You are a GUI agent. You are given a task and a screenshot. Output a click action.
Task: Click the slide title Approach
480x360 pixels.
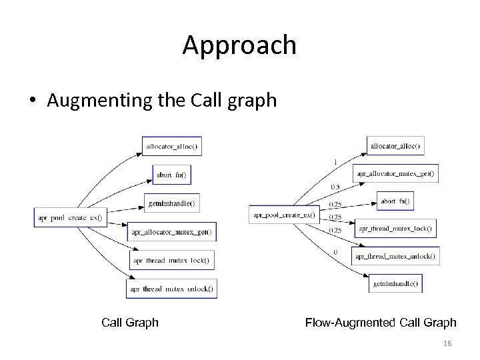click(x=239, y=45)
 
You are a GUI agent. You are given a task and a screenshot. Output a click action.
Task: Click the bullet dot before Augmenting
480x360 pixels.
click(x=33, y=101)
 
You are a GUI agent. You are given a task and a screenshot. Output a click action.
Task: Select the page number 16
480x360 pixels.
click(x=447, y=341)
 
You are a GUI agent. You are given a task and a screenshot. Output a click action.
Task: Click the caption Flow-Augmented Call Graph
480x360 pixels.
click(x=381, y=323)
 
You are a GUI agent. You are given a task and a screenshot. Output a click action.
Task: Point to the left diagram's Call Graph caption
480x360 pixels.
click(x=130, y=323)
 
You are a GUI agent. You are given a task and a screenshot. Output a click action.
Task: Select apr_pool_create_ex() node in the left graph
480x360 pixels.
click(x=69, y=217)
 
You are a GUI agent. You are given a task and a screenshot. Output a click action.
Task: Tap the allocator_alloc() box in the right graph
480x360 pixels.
click(x=396, y=145)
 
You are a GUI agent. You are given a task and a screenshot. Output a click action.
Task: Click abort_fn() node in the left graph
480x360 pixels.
click(x=171, y=175)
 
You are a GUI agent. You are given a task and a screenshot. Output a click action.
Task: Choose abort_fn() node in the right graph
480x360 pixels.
click(x=397, y=201)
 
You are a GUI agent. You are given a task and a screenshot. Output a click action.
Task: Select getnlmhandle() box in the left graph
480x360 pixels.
click(x=172, y=203)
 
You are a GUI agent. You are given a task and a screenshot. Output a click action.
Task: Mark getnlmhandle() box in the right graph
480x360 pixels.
click(x=395, y=283)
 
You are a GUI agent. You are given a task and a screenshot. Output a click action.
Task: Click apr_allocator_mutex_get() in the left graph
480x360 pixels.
click(x=172, y=231)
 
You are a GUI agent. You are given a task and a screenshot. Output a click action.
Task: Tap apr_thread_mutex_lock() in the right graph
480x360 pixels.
click(x=395, y=229)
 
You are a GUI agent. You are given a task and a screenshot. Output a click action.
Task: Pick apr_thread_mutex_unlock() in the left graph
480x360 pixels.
click(x=172, y=288)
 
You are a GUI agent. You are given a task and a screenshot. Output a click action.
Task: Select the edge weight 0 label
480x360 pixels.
click(x=335, y=252)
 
